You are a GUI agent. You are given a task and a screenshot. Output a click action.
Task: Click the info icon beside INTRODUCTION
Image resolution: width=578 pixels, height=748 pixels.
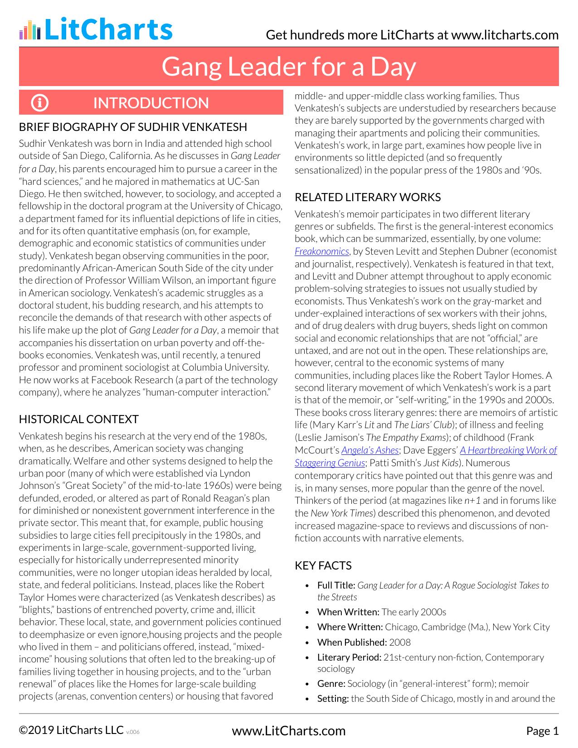(x=39, y=103)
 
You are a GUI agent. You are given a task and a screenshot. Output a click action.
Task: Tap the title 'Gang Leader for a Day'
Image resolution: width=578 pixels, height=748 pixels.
(x=289, y=67)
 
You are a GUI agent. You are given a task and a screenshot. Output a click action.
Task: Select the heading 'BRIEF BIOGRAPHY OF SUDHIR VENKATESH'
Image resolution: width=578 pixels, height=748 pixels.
(x=133, y=127)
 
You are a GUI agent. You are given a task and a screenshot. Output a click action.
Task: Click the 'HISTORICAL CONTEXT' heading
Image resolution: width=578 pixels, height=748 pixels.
(x=79, y=419)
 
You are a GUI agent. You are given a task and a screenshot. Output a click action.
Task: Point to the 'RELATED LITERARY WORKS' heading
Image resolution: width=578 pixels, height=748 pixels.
(x=368, y=197)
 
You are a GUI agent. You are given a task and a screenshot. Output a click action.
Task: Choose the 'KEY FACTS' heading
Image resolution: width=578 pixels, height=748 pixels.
(x=323, y=565)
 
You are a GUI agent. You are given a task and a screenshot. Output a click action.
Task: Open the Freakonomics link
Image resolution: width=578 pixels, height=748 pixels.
(x=322, y=251)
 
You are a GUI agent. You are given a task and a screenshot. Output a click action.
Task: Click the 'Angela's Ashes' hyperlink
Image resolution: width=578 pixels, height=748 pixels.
(x=370, y=450)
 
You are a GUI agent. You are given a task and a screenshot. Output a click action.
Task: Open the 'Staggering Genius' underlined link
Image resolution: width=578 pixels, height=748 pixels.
(x=330, y=463)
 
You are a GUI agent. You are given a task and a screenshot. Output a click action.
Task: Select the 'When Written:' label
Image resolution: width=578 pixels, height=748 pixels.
(x=348, y=612)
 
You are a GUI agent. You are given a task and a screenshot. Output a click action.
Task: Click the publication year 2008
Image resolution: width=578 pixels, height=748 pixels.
(x=400, y=642)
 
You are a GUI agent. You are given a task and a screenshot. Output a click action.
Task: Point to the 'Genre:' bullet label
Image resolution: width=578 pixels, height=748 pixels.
(x=331, y=683)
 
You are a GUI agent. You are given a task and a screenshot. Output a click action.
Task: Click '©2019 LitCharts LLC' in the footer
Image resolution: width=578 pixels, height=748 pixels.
(x=71, y=730)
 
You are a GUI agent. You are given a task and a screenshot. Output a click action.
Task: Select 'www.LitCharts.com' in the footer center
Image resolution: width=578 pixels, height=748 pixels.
(x=289, y=731)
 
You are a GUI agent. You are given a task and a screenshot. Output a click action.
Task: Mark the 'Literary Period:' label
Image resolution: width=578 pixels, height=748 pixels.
(x=349, y=657)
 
